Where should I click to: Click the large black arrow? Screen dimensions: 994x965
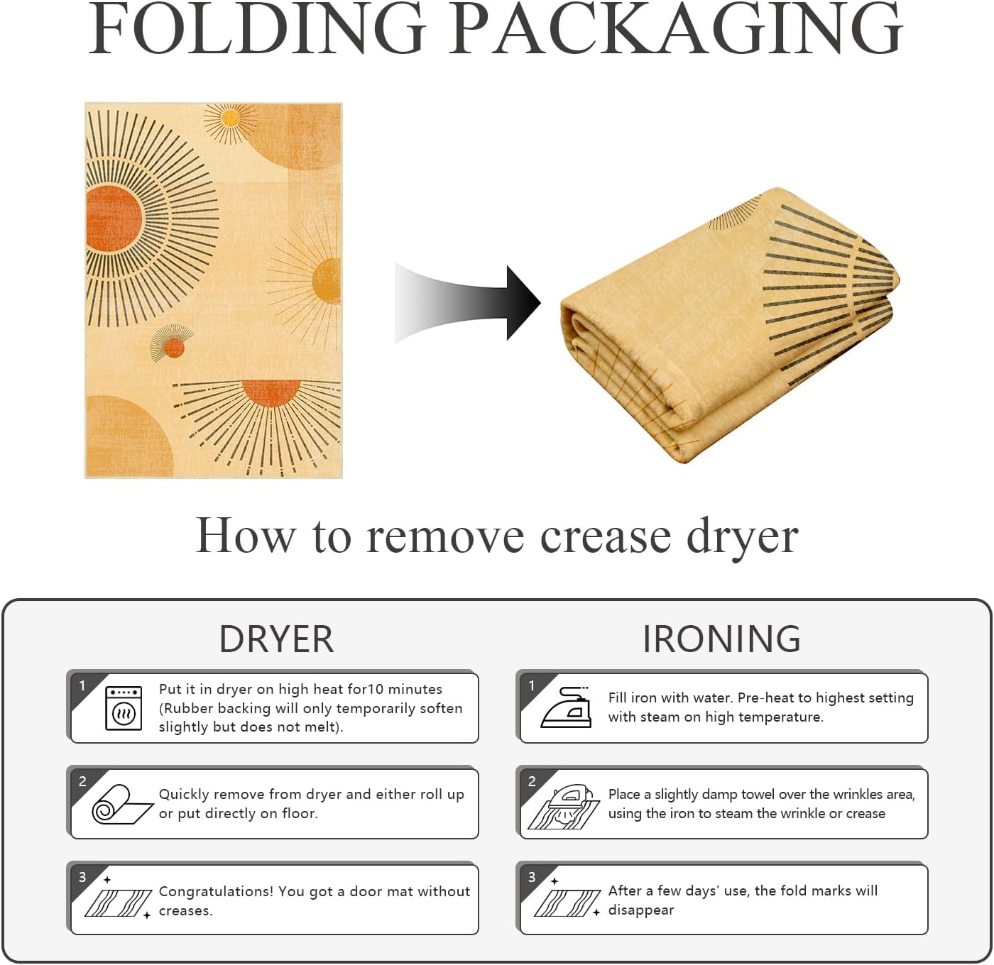tap(467, 303)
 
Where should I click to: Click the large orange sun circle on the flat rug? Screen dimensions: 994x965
tap(114, 219)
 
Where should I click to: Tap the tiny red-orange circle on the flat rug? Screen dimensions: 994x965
tap(174, 348)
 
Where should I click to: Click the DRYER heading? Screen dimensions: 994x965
tap(276, 639)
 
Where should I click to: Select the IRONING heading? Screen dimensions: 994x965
tap(721, 639)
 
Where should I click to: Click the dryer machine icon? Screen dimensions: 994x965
tap(124, 708)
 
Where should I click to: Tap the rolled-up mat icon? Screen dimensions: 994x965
tap(122, 805)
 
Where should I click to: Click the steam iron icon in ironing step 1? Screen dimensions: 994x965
tap(566, 707)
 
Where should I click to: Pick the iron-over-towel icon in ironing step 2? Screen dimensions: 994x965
tap(564, 807)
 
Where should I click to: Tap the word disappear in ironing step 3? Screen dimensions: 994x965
tap(641, 910)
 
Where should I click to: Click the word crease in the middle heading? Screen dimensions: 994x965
tap(606, 536)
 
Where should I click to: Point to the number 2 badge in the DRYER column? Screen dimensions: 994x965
tap(82, 781)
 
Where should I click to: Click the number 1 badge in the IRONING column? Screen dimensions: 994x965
tap(531, 685)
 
